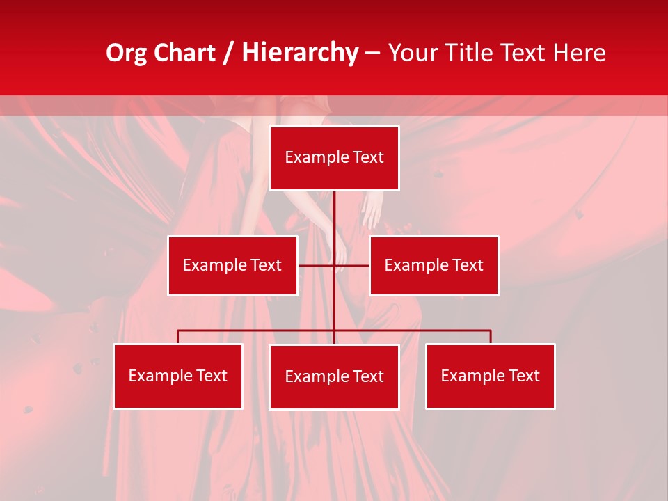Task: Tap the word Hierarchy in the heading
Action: (299, 53)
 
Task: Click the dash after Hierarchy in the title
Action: (372, 53)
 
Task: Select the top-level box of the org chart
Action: (334, 158)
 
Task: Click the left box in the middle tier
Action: (232, 265)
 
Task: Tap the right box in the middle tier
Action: (434, 265)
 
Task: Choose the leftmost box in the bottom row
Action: (178, 376)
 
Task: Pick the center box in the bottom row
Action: (334, 376)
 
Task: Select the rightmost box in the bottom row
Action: (490, 376)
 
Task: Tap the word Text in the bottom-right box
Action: (523, 376)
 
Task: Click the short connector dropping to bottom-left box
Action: (178, 337)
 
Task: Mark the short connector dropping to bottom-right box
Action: (491, 337)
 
